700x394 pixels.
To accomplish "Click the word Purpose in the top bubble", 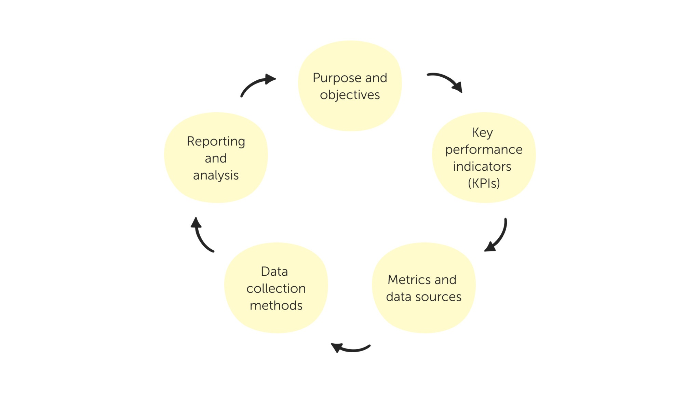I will pos(337,78).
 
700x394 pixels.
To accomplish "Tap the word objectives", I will pos(350,95).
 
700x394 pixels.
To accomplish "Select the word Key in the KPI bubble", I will pos(482,133).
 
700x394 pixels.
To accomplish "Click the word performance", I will pos(484,150).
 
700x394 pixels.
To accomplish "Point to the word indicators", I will pos(482,167).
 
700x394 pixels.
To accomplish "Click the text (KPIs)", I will pos(484,183).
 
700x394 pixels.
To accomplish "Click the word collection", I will pos(276,289).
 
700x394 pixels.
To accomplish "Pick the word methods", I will pos(276,305).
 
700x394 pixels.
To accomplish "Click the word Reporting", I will pos(216,142).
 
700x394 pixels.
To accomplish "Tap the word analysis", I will pos(216,175).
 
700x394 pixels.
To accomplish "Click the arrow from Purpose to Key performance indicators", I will pos(446,81).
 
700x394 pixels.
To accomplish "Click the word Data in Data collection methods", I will pos(274,272).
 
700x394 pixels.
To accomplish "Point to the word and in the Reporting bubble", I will pos(216,158).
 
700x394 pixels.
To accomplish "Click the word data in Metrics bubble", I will pos(398,297).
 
